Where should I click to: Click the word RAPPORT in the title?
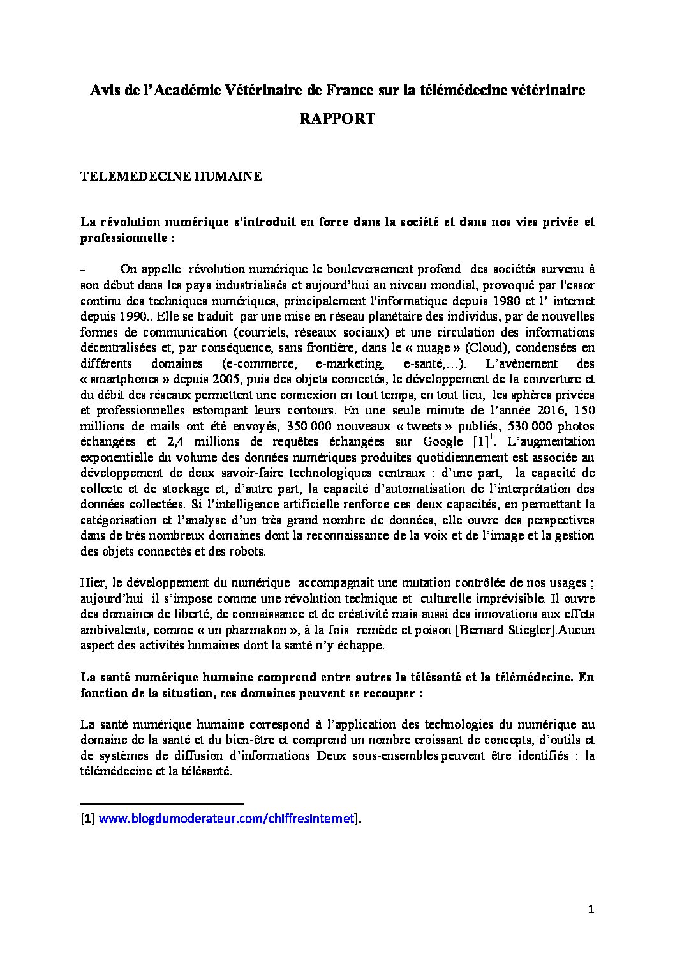337,119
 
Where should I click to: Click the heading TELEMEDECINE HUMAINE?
171,178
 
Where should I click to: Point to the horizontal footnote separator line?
162,803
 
